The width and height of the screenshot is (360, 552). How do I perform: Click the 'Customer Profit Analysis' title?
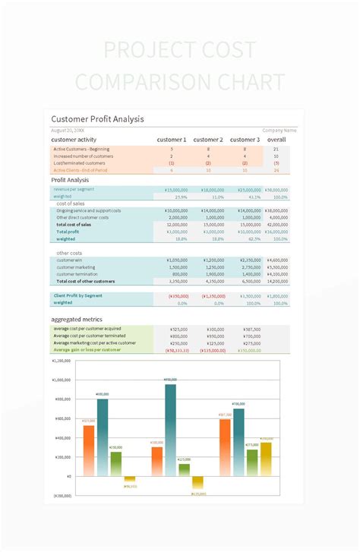click(97, 119)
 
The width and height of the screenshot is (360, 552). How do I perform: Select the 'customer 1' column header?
click(171, 140)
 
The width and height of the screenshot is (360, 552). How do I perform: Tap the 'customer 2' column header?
click(207, 140)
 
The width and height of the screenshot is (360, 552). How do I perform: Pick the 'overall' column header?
click(276, 140)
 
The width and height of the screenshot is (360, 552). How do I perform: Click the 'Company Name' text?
click(279, 131)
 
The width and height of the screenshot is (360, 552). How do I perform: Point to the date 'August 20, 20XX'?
click(68, 131)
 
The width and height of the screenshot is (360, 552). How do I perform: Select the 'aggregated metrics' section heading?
click(77, 320)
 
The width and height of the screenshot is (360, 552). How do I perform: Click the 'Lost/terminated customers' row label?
click(79, 163)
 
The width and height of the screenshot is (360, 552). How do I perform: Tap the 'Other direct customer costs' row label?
click(82, 217)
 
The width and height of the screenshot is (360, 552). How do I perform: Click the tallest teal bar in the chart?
click(170, 429)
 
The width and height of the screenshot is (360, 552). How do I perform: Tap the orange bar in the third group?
click(225, 447)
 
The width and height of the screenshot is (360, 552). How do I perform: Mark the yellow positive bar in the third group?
click(266, 459)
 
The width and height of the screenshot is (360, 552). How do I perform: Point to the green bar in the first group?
click(115, 464)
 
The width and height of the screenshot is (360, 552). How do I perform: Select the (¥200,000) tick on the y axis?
click(62, 495)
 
